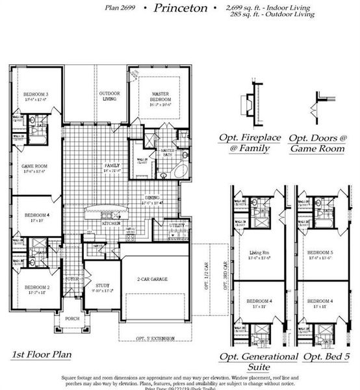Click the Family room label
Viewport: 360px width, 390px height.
click(112, 166)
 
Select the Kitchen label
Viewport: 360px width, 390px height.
click(111, 223)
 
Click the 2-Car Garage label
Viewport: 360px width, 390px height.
click(152, 279)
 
